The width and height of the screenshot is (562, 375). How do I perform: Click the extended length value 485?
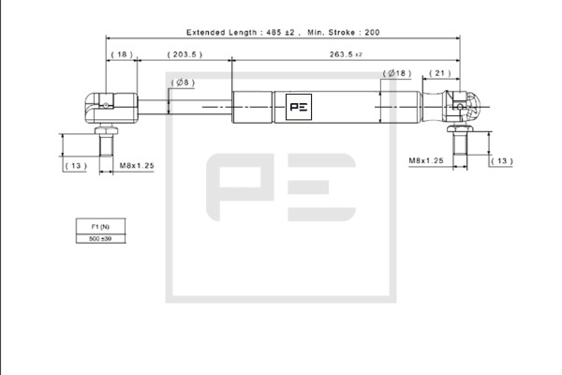coord(274,32)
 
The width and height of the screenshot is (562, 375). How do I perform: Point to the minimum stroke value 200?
coord(372,32)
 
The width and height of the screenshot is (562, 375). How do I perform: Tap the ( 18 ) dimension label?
coord(122,54)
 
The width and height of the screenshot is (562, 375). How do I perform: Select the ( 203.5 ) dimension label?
coord(185,54)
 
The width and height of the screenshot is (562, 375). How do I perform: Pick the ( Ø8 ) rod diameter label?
coord(183,82)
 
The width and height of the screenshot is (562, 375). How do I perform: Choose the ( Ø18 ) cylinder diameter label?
coord(397,73)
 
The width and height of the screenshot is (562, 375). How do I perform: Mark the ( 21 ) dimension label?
coord(440,73)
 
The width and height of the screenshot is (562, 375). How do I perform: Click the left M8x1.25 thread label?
coord(137,166)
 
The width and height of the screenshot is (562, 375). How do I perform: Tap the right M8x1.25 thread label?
coord(426,160)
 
